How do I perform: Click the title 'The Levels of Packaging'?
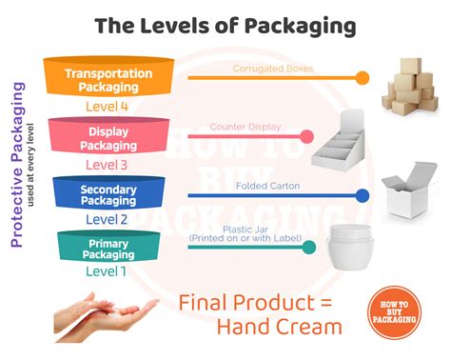(225, 27)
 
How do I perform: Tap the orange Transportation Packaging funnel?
(109, 77)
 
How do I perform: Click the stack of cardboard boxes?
(410, 86)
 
